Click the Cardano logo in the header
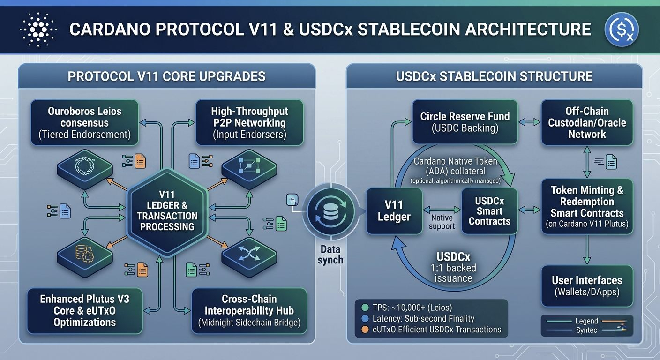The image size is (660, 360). pyautogui.click(x=38, y=29)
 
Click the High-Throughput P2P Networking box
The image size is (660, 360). pyautogui.click(x=249, y=123)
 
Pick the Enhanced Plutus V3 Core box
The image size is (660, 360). pyautogui.click(x=85, y=310)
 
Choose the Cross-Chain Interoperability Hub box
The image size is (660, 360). pyautogui.click(x=249, y=310)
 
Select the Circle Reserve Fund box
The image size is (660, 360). pyautogui.click(x=465, y=121)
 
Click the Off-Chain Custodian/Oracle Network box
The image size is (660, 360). pyautogui.click(x=587, y=122)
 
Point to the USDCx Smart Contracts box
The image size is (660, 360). pyautogui.click(x=489, y=211)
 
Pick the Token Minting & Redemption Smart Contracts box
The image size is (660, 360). pyautogui.click(x=587, y=206)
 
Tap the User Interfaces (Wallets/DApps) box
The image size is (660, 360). pyautogui.click(x=587, y=285)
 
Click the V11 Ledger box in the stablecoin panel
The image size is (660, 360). pyautogui.click(x=394, y=211)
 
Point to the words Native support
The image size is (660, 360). pyautogui.click(x=442, y=222)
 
